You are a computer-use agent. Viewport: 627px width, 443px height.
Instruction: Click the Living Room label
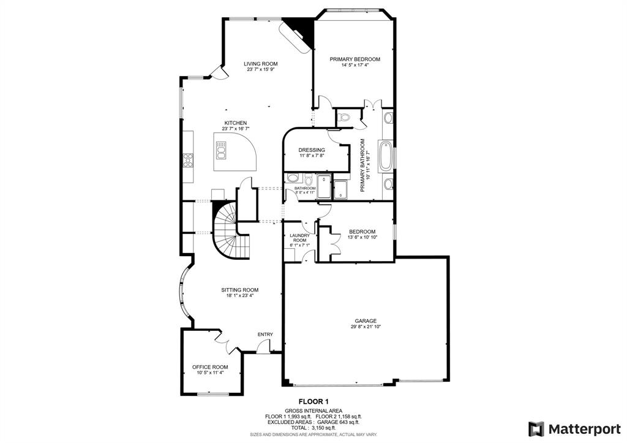[x=260, y=64]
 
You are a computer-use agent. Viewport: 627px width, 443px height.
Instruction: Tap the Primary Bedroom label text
[x=355, y=59]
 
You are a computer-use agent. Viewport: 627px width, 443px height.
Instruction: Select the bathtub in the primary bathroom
[x=386, y=156]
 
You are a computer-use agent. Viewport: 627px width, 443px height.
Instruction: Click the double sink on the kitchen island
[x=221, y=149]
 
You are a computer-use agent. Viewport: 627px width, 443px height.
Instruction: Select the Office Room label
[x=210, y=366]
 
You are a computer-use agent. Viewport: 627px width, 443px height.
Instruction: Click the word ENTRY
[x=265, y=334]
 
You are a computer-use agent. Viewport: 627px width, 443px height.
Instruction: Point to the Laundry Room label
[x=300, y=238]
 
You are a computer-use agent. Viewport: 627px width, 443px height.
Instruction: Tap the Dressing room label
[x=311, y=150]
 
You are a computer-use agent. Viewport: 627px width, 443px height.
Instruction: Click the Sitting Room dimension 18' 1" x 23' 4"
[x=239, y=295]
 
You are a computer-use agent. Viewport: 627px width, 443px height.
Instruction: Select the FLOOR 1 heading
[x=313, y=402]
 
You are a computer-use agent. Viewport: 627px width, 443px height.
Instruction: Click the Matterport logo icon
[x=536, y=428]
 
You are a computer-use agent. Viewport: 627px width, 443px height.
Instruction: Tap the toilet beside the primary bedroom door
[x=344, y=116]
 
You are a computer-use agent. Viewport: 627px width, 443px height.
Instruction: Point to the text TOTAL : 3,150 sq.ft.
[x=313, y=427]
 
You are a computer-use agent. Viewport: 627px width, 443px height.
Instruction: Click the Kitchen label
[x=235, y=123]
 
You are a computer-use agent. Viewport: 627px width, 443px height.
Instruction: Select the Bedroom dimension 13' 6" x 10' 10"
[x=362, y=237]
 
